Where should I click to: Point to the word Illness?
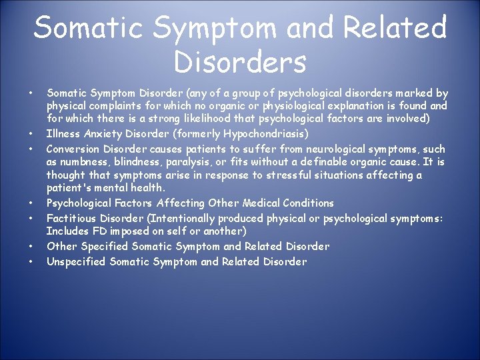pos(62,133)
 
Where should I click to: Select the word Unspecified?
pos(76,261)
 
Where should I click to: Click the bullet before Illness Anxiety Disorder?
pos(31,133)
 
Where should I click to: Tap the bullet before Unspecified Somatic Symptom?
pos(31,261)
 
